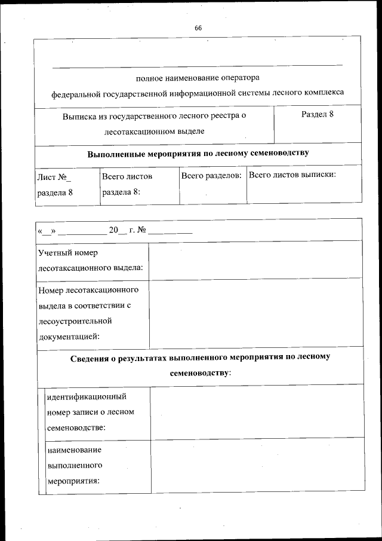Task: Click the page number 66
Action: pos(198,28)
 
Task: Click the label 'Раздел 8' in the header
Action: pos(317,115)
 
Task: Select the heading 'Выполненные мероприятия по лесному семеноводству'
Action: pos(198,153)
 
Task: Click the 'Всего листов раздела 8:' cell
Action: pos(127,184)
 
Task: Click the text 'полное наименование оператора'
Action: pos(198,78)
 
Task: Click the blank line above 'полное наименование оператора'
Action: pos(198,65)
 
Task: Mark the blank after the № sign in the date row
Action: pos(170,231)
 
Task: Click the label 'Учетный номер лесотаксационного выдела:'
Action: pos(90,260)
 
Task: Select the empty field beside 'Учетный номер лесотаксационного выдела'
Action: pos(255,260)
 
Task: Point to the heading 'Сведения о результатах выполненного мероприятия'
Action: pos(200,357)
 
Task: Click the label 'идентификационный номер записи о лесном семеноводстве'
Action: pos(90,412)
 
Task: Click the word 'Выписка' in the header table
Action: pos(80,115)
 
